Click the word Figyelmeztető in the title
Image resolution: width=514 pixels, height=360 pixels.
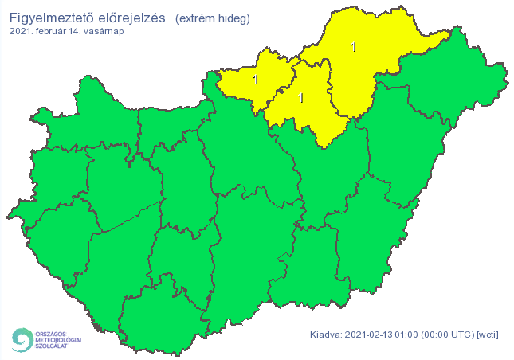[x=53, y=18]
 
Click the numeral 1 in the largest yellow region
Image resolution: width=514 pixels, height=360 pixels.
[x=354, y=48]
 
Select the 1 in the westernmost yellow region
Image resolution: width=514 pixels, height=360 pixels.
[x=256, y=80]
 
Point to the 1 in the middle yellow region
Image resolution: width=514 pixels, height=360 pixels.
[x=300, y=98]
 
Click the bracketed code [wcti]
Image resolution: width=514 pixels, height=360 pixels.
[x=487, y=334]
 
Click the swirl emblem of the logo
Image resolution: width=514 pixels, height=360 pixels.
[x=21, y=340]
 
